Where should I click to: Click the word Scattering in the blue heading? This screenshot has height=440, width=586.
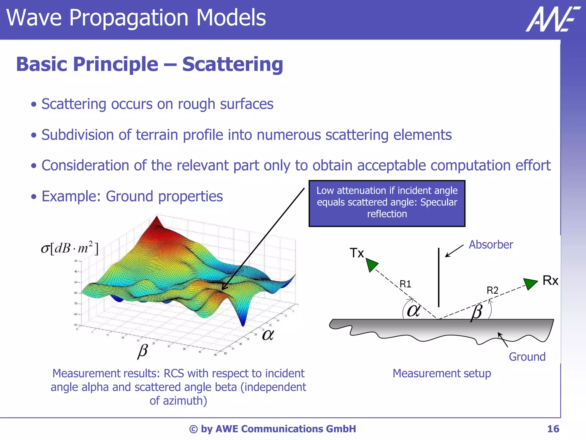[x=232, y=64]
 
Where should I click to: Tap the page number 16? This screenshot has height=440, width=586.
[x=553, y=429]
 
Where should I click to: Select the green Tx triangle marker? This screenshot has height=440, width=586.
[x=371, y=264]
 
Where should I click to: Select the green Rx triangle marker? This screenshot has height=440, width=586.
[x=530, y=283]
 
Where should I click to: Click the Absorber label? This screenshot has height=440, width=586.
[x=491, y=245]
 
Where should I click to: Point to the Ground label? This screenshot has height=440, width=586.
[x=527, y=357]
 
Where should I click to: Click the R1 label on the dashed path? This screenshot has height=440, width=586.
[x=405, y=284]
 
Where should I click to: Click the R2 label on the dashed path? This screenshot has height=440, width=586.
[x=492, y=290]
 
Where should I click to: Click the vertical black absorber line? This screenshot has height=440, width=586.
[x=439, y=278]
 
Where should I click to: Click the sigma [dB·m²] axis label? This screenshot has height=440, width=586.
[x=70, y=248]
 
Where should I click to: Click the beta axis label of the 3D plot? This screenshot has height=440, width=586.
[x=143, y=351]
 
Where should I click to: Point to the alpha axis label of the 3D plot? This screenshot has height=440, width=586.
[x=268, y=335]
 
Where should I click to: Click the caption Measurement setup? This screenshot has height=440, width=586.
[x=442, y=373]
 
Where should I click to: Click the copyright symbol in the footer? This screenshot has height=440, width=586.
[x=193, y=429]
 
